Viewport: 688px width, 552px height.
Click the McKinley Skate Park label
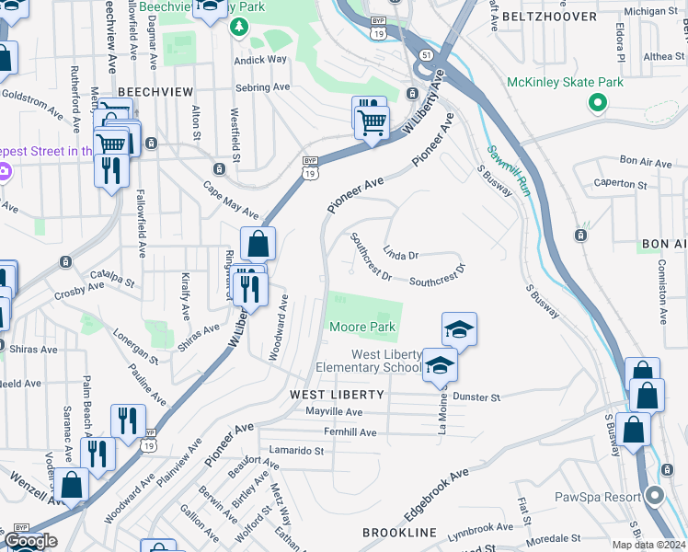tap(565, 82)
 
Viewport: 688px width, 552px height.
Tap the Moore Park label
tap(362, 327)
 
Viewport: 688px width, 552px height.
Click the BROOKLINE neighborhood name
tap(398, 533)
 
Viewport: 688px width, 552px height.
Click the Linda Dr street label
tap(400, 252)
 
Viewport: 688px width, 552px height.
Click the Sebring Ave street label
tap(262, 87)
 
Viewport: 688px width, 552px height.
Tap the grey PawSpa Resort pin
tap(655, 497)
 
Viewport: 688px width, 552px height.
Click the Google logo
tap(30, 541)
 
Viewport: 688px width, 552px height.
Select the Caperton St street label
tap(614, 183)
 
